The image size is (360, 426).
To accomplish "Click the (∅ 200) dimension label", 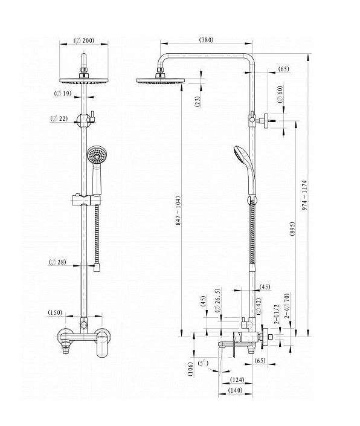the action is pos(84,40).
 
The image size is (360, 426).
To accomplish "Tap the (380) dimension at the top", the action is pos(207,40).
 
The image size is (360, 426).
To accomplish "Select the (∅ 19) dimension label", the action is pos(62,94).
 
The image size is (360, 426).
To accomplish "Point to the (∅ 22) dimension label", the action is pos(59,118).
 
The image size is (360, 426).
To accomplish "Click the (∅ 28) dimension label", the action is pos(57,262).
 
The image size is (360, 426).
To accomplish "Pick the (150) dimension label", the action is pos(55,312).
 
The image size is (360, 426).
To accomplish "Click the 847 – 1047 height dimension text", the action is pos(178,210).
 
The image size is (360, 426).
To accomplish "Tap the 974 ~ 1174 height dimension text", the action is pos(304,195).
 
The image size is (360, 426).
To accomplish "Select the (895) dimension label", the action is pos(292,229).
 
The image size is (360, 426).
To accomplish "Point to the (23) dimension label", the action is pos(198,102).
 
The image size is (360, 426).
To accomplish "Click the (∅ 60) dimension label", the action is pos(280,94).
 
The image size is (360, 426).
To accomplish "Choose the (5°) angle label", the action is pos(203,363).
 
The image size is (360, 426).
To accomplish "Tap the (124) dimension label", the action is pos(237,379).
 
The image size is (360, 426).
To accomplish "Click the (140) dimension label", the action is pos(235,390).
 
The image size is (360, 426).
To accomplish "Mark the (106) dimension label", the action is pos(191,369).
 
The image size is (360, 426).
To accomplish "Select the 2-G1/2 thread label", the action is pos(277,314).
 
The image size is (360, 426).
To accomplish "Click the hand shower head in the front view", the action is pos(97,155).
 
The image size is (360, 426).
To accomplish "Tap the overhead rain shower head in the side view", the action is pos(160,81).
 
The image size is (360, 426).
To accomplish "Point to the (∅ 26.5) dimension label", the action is pos(217,300).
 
